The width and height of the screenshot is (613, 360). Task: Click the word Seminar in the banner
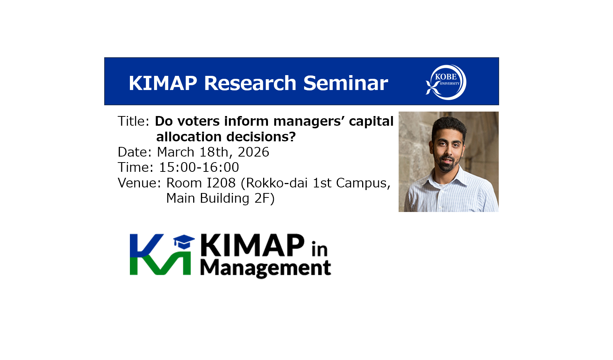coord(346,83)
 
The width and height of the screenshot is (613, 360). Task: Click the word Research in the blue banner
coord(250,83)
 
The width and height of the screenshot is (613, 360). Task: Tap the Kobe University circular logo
coord(446,82)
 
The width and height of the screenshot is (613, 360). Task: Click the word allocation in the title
coord(189,137)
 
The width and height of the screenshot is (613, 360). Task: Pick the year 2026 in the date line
coord(253,152)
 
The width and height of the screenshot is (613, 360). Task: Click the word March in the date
coord(175,152)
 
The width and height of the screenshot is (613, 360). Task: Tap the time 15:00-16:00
coord(199,167)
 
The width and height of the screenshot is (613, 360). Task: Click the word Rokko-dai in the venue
coord(274,183)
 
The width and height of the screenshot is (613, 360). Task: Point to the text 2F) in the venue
coord(264,199)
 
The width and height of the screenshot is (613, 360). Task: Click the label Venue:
coord(139,183)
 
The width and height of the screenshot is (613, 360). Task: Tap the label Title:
coord(134,121)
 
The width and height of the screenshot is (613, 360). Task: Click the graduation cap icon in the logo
coord(184,242)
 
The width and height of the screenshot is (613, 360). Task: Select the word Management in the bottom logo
coord(266,269)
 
